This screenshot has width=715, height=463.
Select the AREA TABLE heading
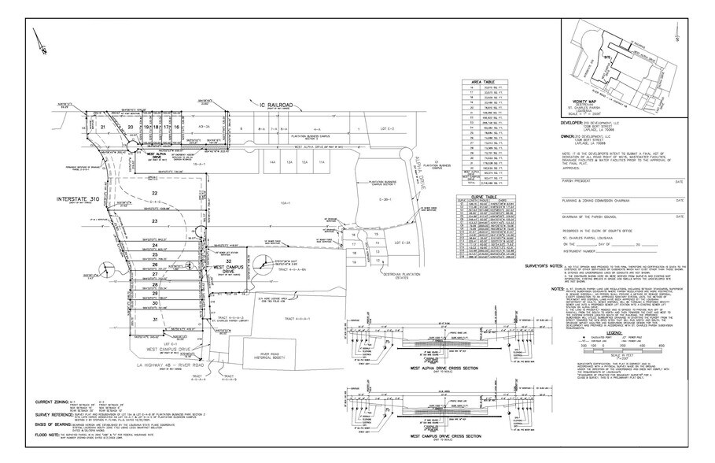point(482,82)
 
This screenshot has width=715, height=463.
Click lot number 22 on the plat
point(156,193)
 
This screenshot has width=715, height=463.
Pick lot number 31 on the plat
point(156,320)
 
